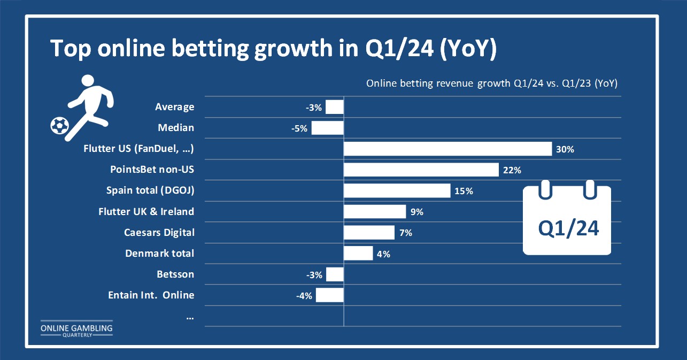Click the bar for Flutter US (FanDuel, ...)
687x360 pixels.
(448, 149)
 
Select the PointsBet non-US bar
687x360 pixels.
(421, 170)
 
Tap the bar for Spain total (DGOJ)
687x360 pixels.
(397, 190)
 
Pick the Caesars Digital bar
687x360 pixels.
(369, 232)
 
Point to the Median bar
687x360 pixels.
(328, 128)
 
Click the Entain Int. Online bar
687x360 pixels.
(330, 295)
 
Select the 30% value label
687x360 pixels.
(565, 149)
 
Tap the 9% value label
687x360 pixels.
(417, 212)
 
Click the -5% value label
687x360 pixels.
(299, 128)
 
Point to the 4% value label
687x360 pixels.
(383, 254)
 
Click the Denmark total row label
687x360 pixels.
(159, 253)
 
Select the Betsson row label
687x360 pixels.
(175, 274)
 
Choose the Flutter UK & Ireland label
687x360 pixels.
(146, 211)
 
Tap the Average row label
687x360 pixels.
(174, 107)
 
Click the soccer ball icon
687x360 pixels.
(59, 126)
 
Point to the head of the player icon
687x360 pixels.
(88, 80)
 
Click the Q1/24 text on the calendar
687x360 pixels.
(568, 228)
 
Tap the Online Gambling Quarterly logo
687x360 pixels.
(76, 329)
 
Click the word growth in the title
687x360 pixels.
(294, 49)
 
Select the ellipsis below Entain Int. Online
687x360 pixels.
(190, 318)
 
